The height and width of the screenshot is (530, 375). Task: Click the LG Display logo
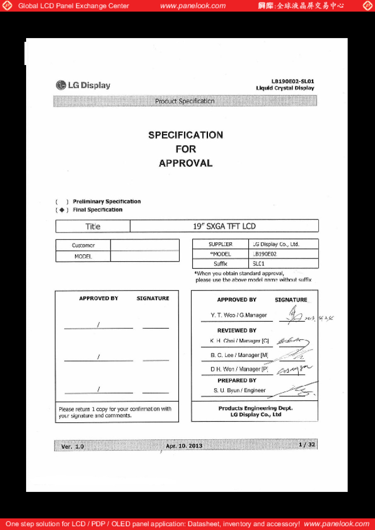coord(83,85)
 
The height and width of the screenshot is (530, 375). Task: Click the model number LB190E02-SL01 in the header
coord(293,82)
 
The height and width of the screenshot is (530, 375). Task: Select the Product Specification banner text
coord(185,101)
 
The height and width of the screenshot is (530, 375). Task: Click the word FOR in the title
coord(186,149)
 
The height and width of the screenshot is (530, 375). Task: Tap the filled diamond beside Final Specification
coord(62,210)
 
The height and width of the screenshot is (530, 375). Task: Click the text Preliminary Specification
coord(106,202)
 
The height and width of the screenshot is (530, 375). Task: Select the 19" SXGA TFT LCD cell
coord(224,226)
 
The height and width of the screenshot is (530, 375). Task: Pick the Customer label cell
coord(83,246)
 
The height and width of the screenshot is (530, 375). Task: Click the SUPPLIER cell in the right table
coord(220,244)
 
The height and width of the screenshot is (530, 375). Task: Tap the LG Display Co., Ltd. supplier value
coord(276,244)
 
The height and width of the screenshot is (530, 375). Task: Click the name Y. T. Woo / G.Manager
coord(239,315)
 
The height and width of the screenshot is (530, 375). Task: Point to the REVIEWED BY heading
coord(237,330)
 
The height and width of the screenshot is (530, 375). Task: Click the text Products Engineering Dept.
coord(255,408)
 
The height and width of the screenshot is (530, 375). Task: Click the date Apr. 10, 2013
coord(184,446)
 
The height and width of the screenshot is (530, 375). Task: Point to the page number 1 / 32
coord(307,445)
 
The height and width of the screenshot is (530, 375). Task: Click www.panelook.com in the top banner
coord(193,6)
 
